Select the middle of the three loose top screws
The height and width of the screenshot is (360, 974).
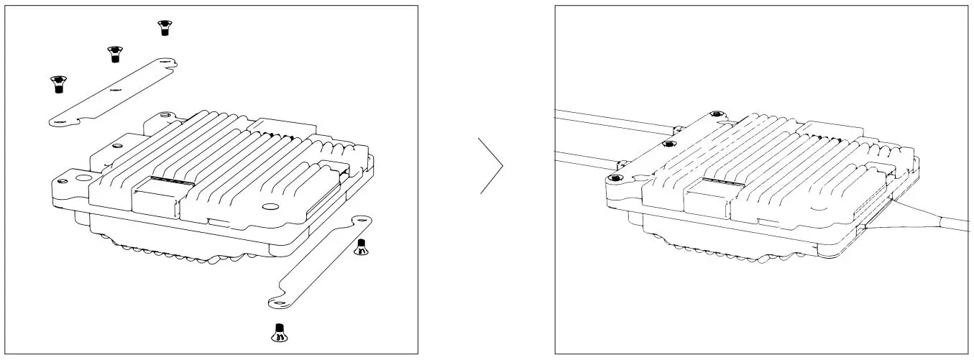click(114, 54)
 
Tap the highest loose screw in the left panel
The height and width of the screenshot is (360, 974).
click(165, 27)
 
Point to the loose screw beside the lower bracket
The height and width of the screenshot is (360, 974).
click(362, 247)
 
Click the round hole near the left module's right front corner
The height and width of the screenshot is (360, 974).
click(270, 207)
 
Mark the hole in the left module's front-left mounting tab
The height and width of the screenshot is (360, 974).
click(65, 177)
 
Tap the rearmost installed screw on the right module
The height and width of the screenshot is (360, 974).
click(716, 114)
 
